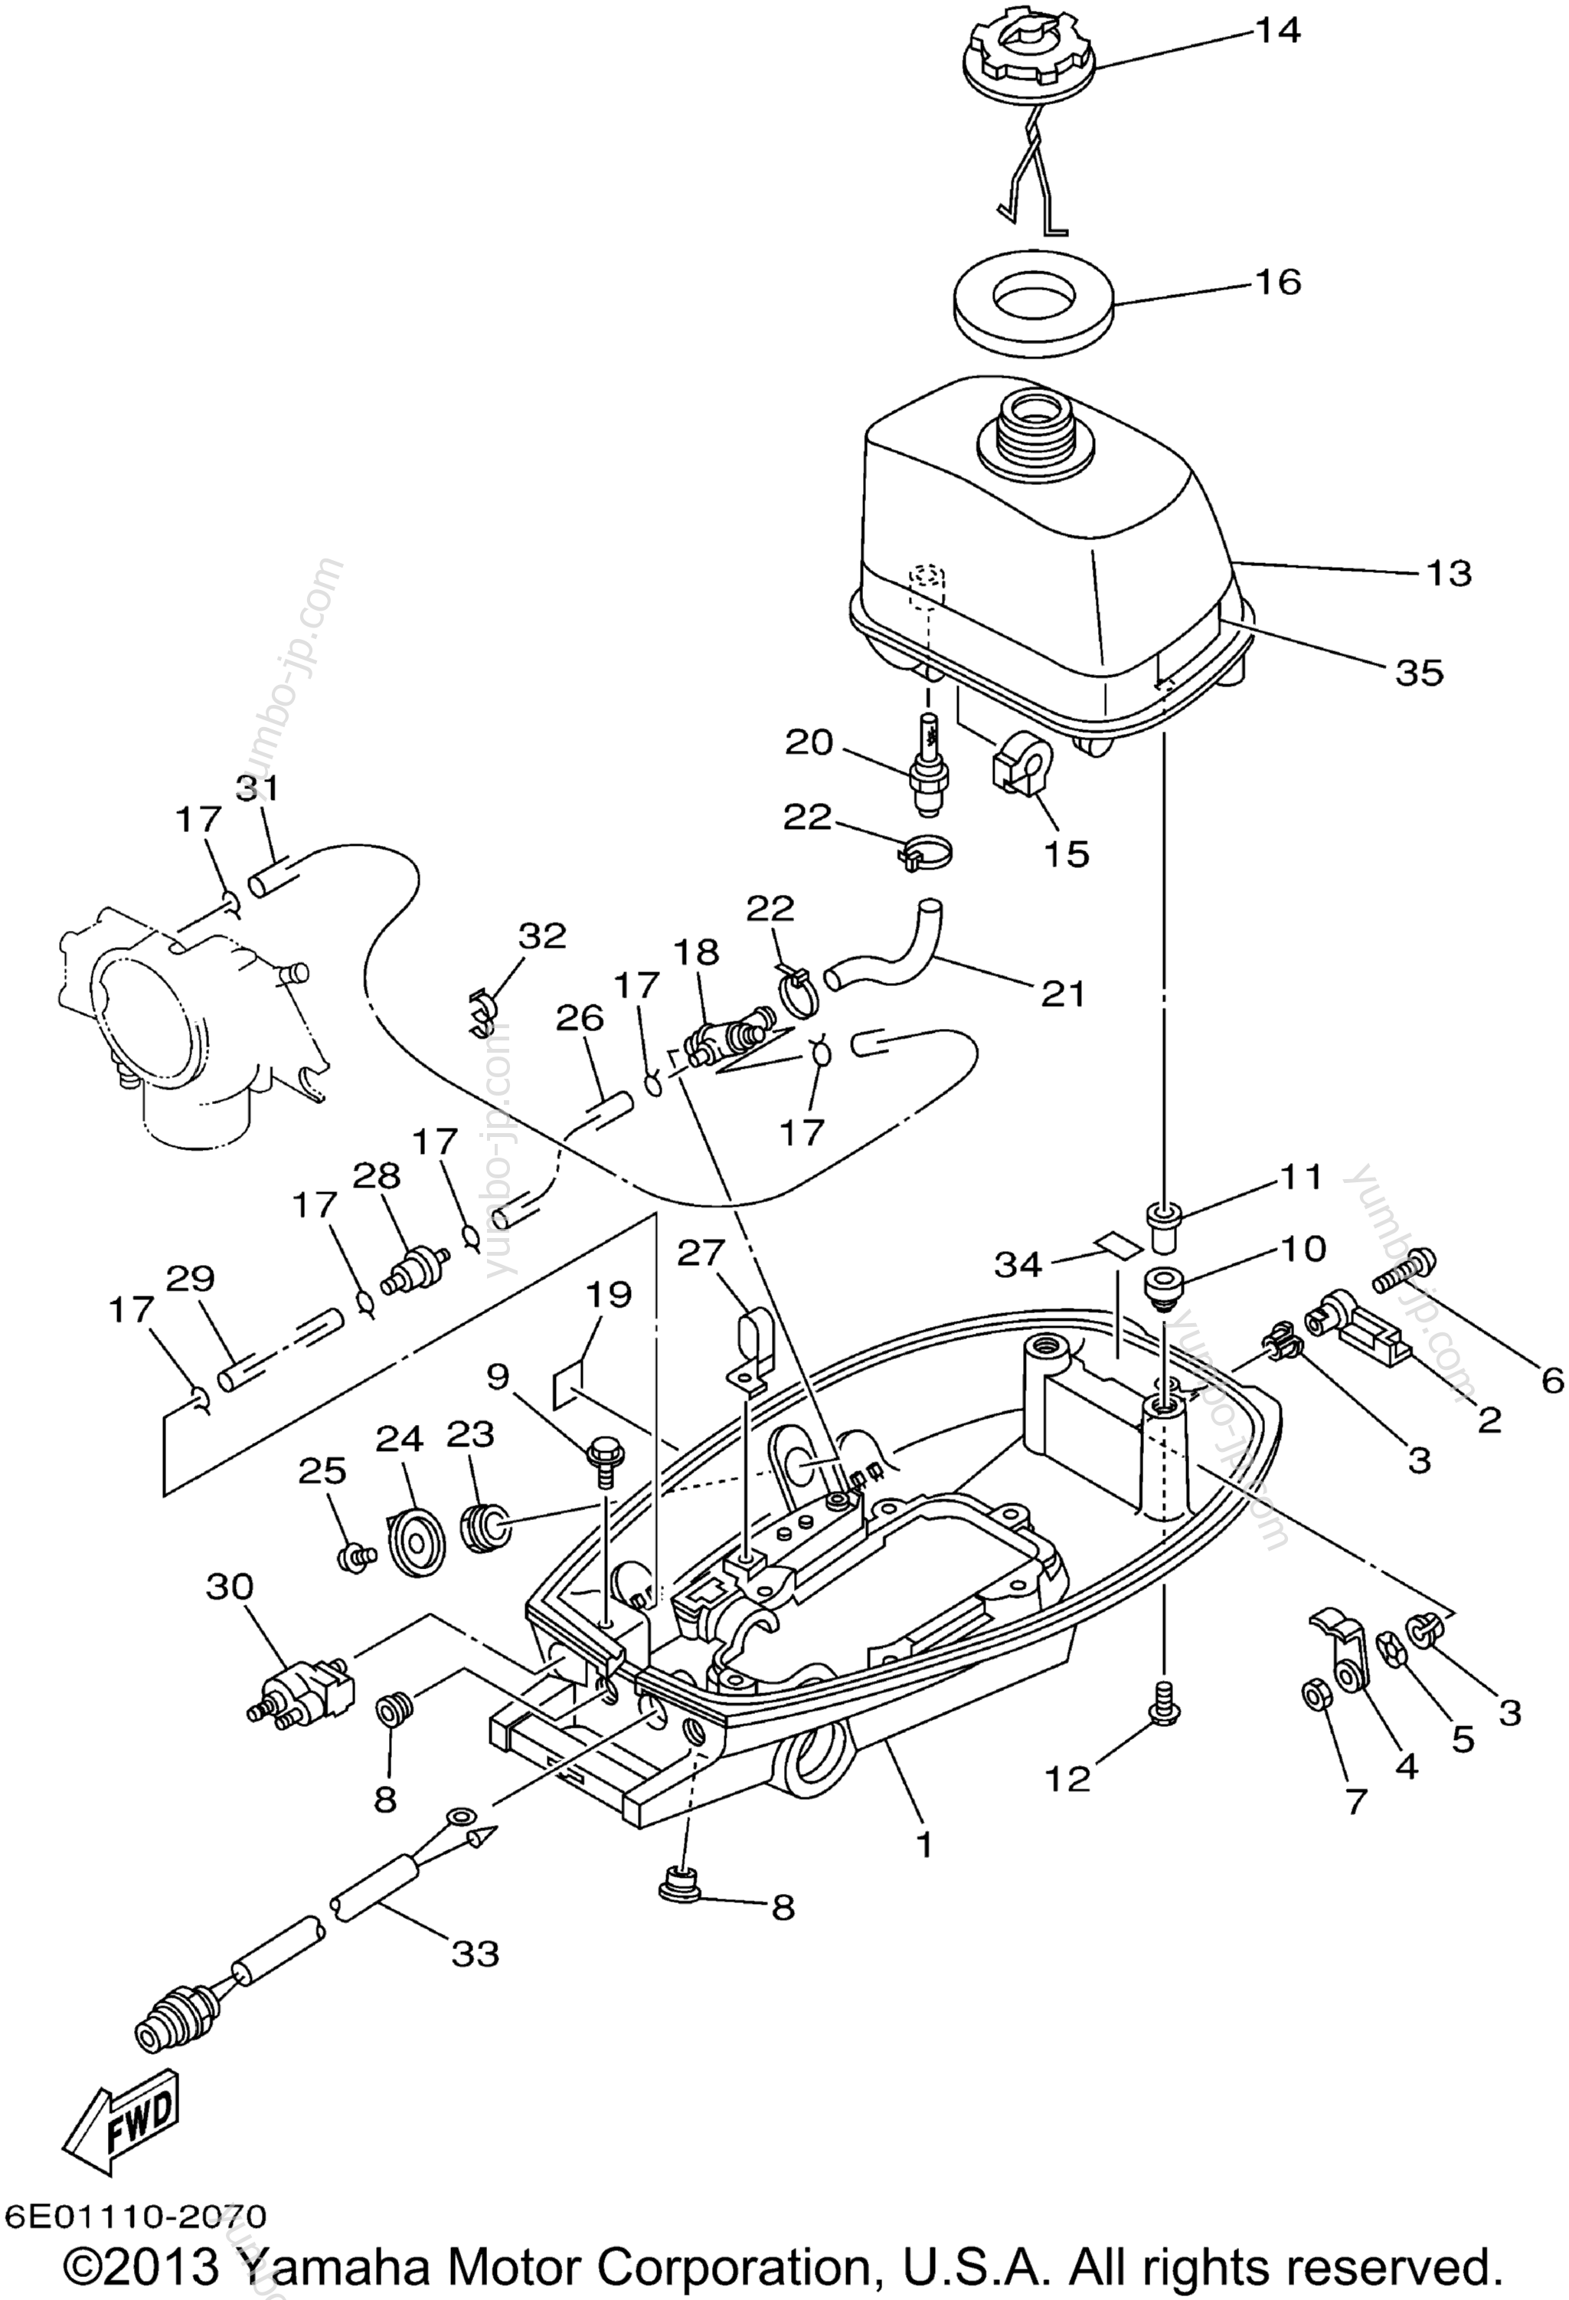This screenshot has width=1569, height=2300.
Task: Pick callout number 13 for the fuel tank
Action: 1448,573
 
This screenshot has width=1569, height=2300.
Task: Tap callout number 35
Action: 1419,673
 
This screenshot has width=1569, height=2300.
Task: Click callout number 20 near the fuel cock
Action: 809,742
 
